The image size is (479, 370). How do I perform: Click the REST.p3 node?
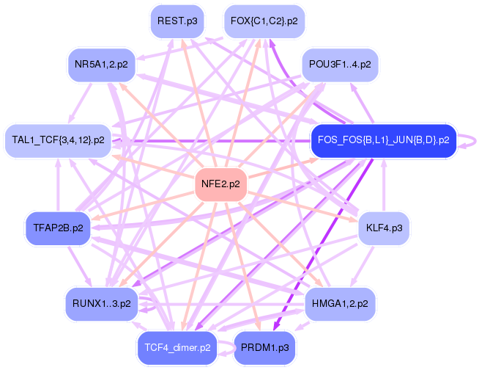coord(177,21)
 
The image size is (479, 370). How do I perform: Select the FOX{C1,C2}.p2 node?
coord(263,21)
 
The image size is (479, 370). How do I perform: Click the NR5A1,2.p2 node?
coord(101,65)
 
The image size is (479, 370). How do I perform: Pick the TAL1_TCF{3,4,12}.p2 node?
coord(59,139)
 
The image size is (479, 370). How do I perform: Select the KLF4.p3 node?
coord(383,228)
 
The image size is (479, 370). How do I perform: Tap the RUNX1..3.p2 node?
coord(102,302)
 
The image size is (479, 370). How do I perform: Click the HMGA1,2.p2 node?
coord(339,302)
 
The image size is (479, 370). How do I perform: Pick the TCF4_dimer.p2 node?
coord(177,347)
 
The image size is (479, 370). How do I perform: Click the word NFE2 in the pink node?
coord(213,184)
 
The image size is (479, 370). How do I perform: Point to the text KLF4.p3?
coord(383,228)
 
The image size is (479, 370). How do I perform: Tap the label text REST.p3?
coord(177,21)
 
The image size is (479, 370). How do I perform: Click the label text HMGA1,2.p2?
coord(339,302)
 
